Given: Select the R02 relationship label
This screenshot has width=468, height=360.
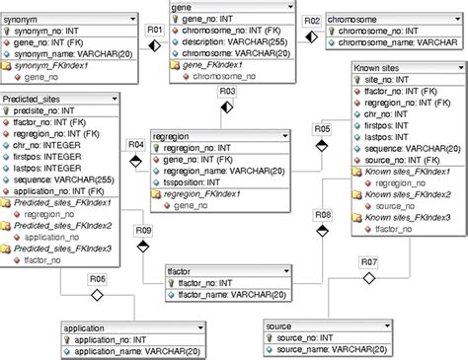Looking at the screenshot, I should point(310,19).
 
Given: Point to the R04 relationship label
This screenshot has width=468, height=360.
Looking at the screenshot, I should point(137,145).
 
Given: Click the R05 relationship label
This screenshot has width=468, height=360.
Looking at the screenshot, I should point(322,129).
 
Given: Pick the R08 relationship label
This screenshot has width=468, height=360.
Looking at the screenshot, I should point(322,214).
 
